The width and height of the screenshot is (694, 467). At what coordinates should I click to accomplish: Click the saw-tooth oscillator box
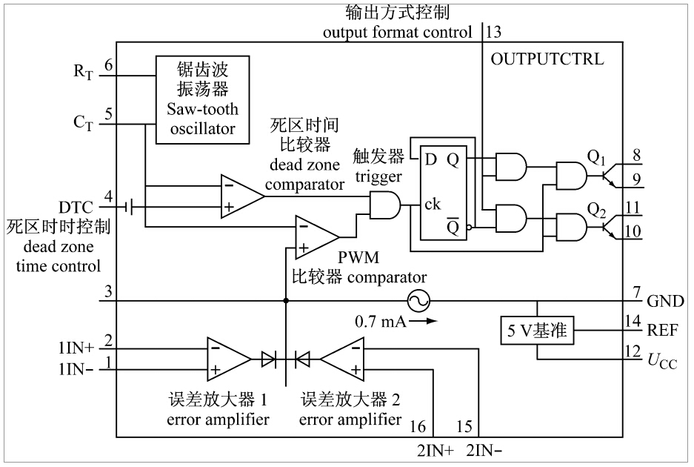click(x=196, y=98)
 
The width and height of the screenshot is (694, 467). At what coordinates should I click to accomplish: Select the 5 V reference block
click(x=537, y=332)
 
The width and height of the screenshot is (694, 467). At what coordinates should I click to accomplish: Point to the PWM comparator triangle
click(x=315, y=236)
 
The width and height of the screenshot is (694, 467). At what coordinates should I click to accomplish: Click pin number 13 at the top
click(x=493, y=33)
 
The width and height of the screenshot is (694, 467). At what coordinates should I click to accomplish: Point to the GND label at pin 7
click(x=665, y=301)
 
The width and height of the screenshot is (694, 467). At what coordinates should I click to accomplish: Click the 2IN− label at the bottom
click(x=485, y=451)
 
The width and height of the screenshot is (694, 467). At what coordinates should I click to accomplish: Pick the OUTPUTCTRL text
click(x=547, y=59)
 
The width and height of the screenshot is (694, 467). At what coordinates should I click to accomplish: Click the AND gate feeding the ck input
click(x=384, y=204)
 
